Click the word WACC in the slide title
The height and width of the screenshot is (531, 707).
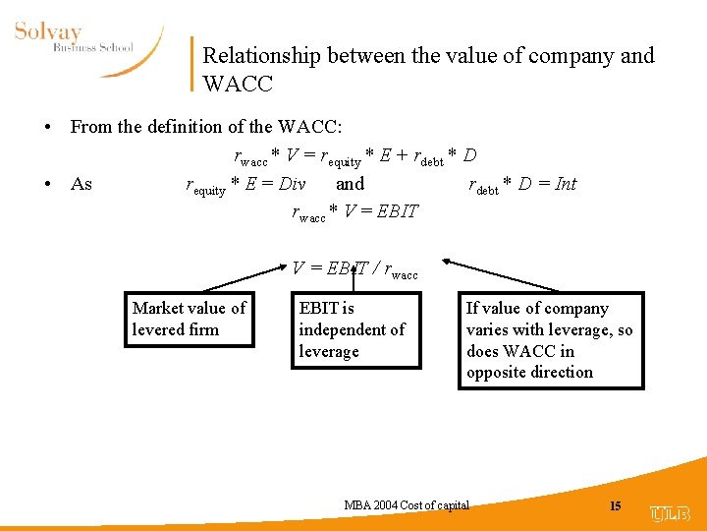pos(238,83)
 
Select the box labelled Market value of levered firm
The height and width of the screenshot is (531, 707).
pos(189,320)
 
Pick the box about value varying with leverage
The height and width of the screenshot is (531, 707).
pos(550,340)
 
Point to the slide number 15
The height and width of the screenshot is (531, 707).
pos(616,506)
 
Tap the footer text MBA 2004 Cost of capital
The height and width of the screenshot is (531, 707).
pos(407,505)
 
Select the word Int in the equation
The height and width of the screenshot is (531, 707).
pos(566,184)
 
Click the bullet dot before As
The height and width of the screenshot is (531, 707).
pos(47,185)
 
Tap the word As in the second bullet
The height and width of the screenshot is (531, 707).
pos(82,184)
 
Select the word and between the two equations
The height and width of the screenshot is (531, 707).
pos(350,184)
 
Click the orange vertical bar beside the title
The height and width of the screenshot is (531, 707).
pos(190,64)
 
